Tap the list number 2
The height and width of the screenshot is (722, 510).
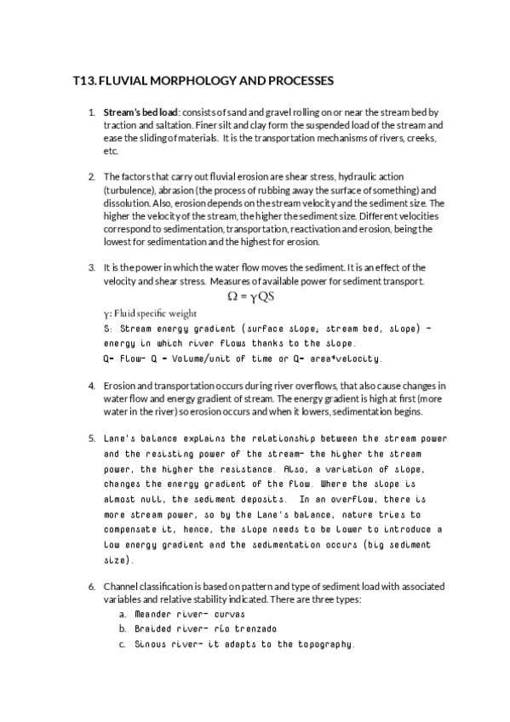(92, 177)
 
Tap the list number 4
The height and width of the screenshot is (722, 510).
(92, 386)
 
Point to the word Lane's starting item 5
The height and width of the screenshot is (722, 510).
(118, 438)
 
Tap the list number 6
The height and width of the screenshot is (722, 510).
(92, 587)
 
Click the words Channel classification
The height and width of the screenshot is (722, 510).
(152, 587)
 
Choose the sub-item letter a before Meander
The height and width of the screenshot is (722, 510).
(123, 614)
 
